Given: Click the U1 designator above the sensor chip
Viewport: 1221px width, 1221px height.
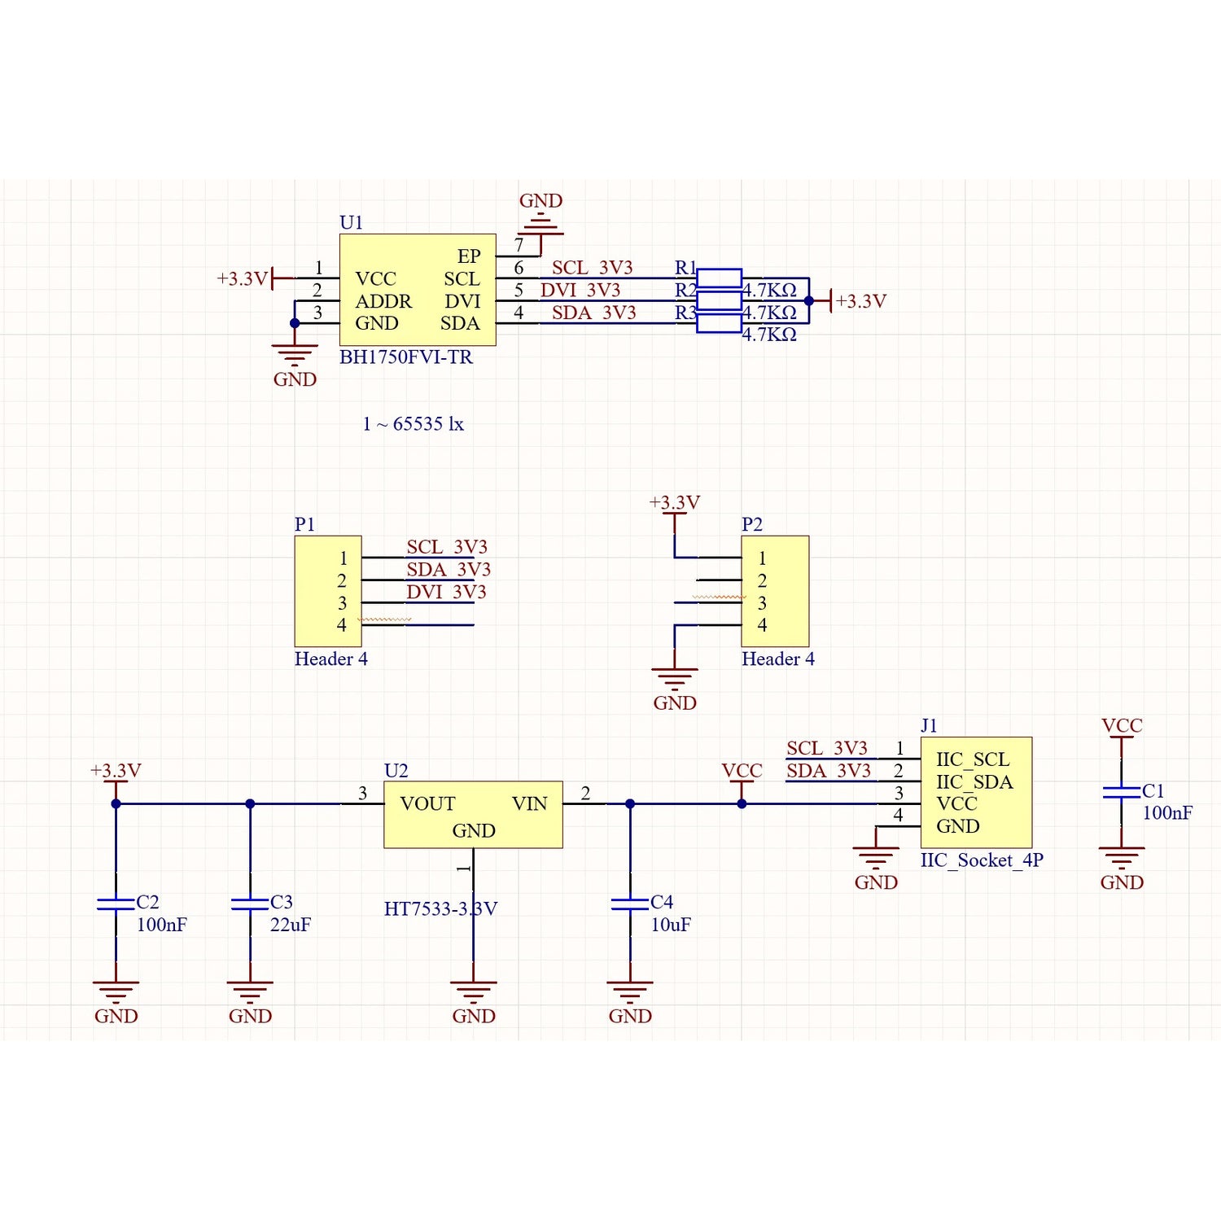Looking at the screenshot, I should [x=351, y=222].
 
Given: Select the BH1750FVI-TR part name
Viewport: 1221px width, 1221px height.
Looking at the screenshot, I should [x=405, y=357].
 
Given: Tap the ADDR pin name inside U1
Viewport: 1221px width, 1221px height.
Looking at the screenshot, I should [x=383, y=301].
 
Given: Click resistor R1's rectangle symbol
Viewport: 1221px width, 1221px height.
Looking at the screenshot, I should [x=719, y=278].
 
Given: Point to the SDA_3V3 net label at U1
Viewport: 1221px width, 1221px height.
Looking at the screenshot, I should [x=593, y=313].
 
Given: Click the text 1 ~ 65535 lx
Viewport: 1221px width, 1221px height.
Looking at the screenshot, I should [x=413, y=424].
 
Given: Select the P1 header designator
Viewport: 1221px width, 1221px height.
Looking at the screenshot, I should [x=304, y=524].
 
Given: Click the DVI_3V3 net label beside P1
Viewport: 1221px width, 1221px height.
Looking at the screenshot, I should [x=446, y=592].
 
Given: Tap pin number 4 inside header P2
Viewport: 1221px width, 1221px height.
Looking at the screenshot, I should [x=762, y=625].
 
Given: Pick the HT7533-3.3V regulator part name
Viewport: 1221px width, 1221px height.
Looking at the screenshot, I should [x=440, y=908].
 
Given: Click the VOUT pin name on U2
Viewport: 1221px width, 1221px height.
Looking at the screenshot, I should [x=427, y=803].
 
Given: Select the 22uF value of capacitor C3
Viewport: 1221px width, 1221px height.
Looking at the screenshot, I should [x=291, y=925].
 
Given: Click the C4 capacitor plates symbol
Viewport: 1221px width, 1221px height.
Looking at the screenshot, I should [x=629, y=904].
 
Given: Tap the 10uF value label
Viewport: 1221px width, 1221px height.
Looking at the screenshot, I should [x=671, y=925].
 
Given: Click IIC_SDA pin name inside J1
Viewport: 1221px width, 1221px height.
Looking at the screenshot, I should [x=974, y=781].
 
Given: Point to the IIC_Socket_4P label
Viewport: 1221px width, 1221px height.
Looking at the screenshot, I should [x=982, y=860].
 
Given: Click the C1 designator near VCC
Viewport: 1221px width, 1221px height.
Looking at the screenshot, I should [x=1153, y=790].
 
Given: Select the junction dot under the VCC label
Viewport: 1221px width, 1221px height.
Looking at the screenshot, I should [x=742, y=803].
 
